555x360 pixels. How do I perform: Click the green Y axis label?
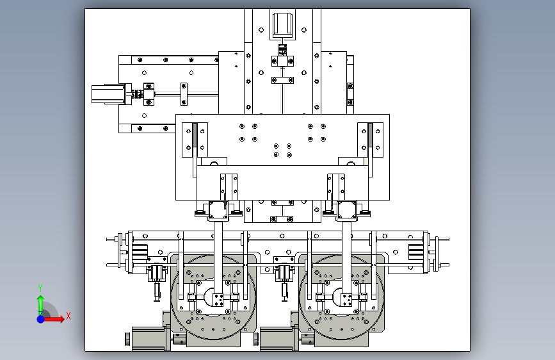point(40,287)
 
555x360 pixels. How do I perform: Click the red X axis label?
point(68,315)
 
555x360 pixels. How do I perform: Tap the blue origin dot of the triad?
point(40,318)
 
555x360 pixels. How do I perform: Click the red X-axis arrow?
point(56,318)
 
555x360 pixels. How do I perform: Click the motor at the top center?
point(282,24)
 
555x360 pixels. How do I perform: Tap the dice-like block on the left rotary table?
point(218,300)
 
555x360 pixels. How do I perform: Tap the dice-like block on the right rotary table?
point(346,300)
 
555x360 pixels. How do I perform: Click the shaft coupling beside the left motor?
point(136,95)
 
